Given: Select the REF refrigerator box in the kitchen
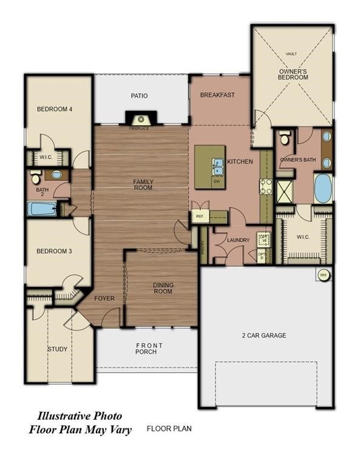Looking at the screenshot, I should [x=199, y=216].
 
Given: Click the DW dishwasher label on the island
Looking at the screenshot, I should [x=217, y=181].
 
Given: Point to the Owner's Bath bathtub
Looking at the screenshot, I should [x=323, y=189].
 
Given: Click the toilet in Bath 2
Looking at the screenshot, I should [x=36, y=178].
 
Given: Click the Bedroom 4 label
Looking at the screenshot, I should [x=55, y=109].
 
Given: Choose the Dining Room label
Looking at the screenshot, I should [x=162, y=288].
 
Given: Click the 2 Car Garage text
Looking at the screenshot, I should [x=265, y=335].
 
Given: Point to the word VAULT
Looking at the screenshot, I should [x=291, y=54].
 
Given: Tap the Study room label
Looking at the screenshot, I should [x=58, y=349].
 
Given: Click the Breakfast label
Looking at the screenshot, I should [x=217, y=95].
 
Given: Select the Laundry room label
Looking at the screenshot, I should [x=238, y=240].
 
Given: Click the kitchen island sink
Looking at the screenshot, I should [x=217, y=164].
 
